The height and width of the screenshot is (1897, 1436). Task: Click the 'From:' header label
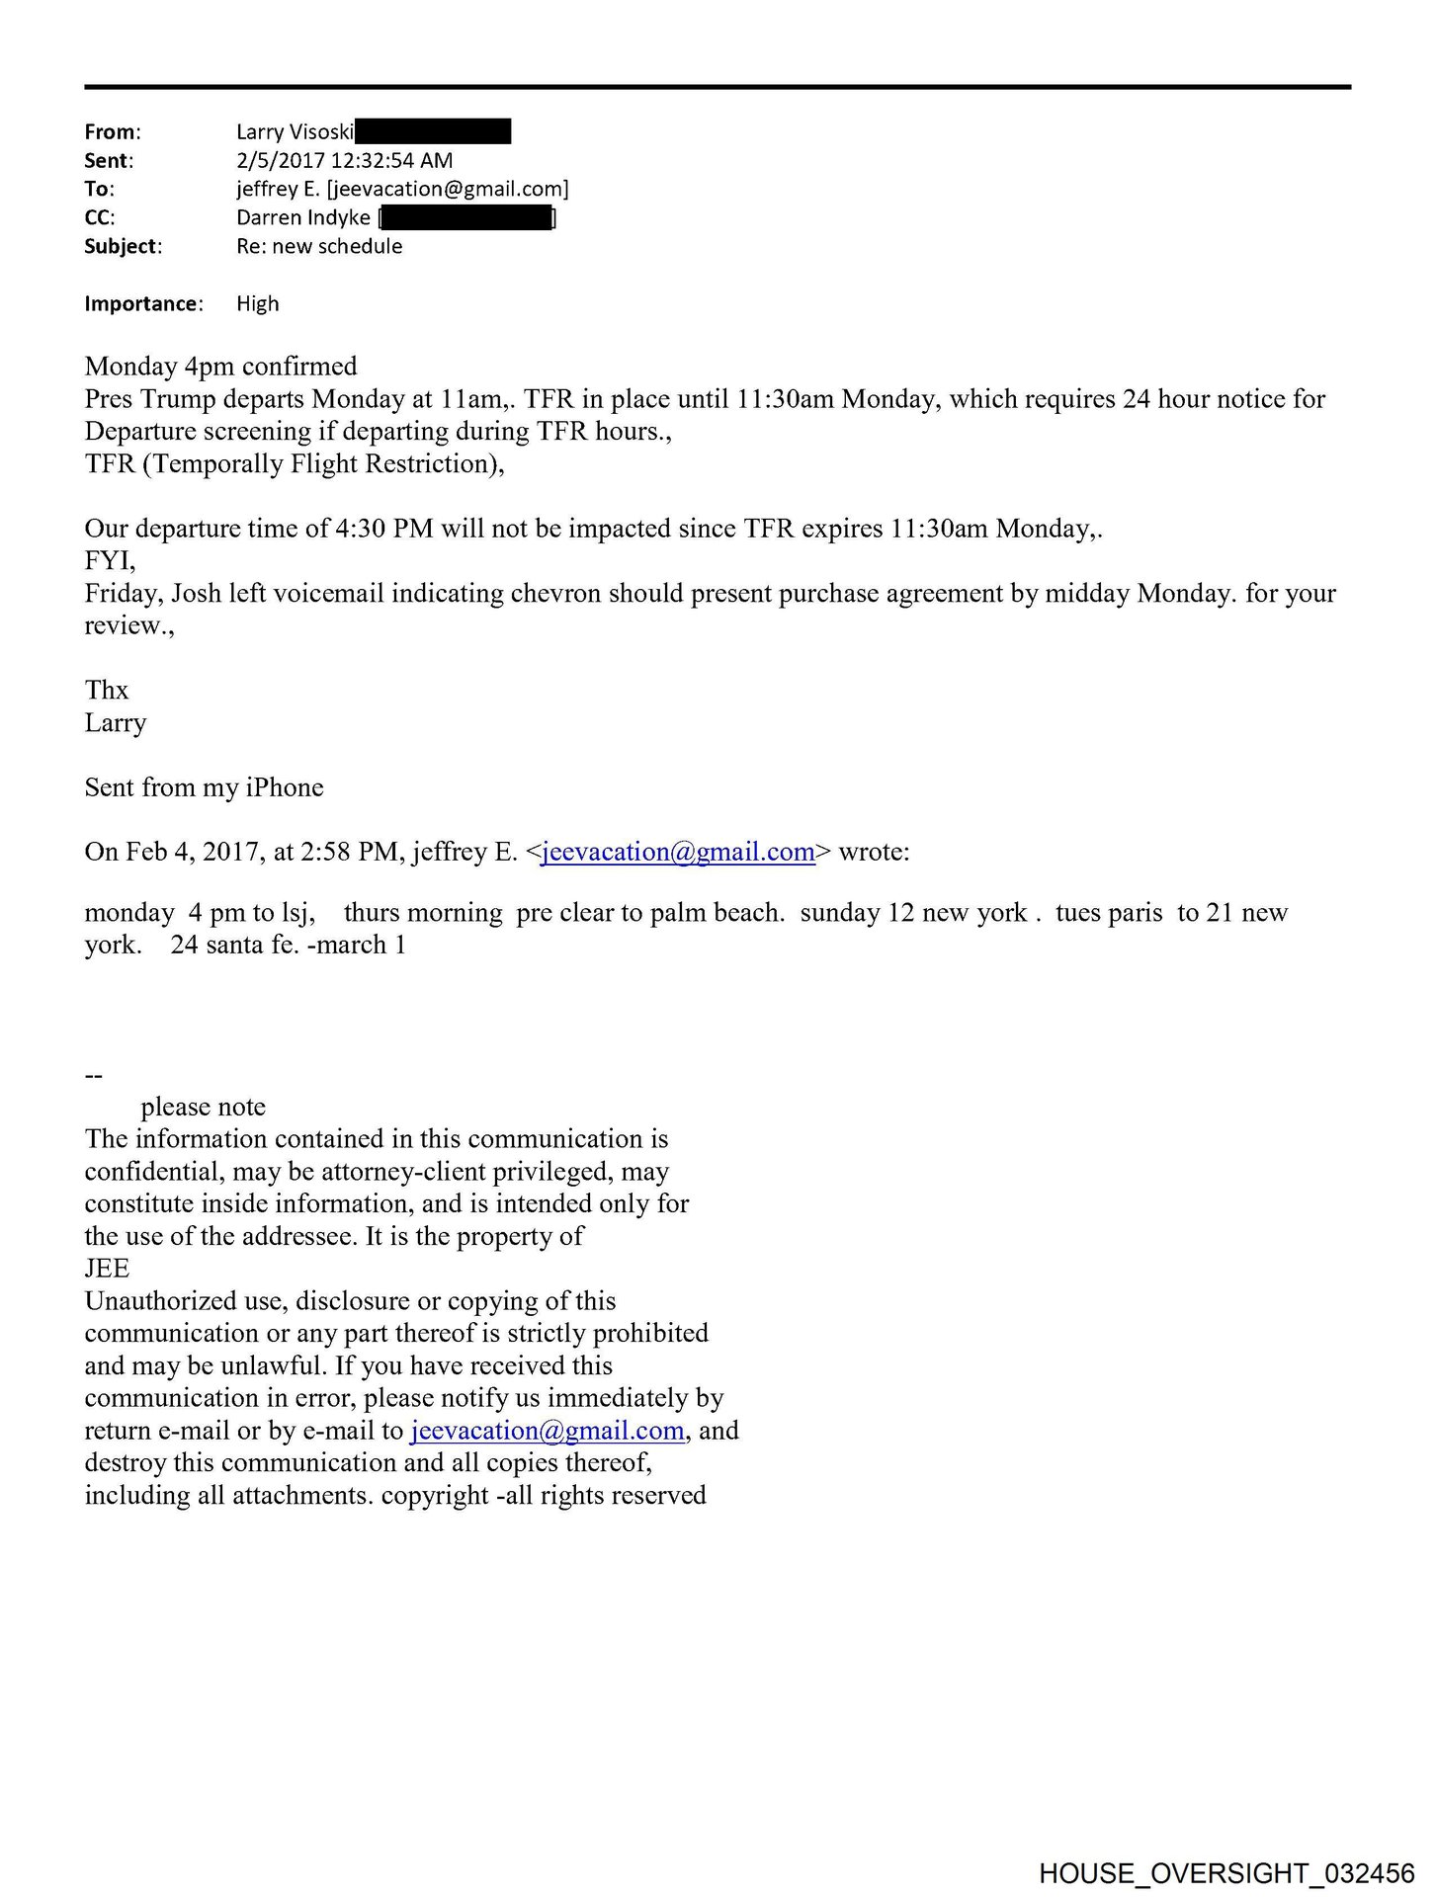tap(113, 132)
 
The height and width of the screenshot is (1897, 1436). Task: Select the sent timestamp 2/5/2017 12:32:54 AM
tap(344, 161)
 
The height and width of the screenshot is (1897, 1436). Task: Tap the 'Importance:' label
tap(143, 304)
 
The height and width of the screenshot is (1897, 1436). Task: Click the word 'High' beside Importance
tap(258, 304)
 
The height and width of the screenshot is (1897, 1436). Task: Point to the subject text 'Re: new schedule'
tap(319, 247)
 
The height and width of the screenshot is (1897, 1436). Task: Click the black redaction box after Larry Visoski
tap(433, 131)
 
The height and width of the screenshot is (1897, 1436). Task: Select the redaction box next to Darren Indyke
tap(466, 218)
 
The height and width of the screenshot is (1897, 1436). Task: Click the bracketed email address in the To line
tap(448, 190)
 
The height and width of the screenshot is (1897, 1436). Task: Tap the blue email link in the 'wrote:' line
tap(678, 853)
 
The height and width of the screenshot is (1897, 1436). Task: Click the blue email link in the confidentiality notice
tap(548, 1432)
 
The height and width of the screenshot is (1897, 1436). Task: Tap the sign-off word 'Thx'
tap(107, 691)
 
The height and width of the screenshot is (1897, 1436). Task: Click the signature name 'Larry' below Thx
tap(116, 723)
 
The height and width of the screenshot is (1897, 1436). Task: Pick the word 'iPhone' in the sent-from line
tap(285, 788)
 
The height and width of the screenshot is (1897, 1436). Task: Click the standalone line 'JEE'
tap(107, 1270)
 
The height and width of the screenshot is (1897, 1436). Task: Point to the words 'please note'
tap(204, 1108)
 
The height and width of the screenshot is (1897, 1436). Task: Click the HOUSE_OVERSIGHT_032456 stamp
tap(1226, 1872)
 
